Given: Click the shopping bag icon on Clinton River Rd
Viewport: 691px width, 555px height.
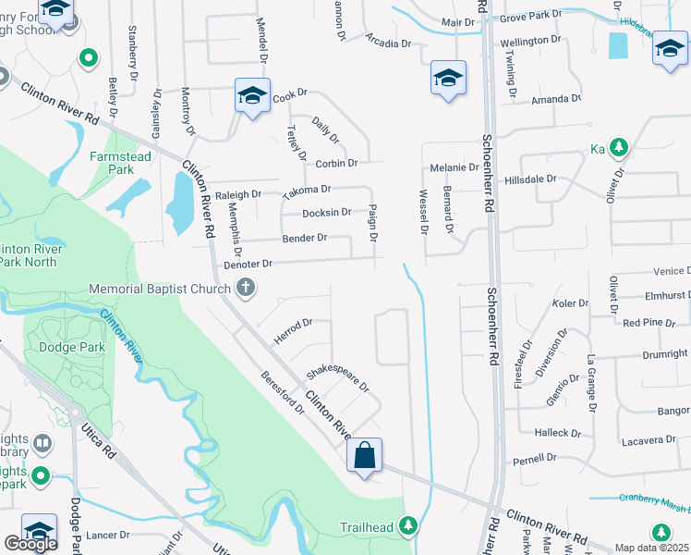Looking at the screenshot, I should point(365,455).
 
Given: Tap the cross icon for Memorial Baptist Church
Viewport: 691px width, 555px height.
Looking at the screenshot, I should point(246,290).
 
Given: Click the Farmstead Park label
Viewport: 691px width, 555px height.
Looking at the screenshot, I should point(119,164).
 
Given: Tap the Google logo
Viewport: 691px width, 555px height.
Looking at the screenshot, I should point(30,544).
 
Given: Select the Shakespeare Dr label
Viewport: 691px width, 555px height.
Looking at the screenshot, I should point(338,376).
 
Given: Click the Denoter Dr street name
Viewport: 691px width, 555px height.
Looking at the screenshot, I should point(248,264).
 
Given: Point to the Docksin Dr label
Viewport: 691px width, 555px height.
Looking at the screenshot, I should point(327,212).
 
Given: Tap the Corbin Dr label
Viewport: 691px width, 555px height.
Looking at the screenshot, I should point(335,164).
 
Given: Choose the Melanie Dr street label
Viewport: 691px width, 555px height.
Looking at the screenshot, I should point(455,167).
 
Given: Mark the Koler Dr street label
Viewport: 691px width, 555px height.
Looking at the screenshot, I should point(569,303).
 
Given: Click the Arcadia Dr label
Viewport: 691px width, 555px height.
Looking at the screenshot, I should point(388,43).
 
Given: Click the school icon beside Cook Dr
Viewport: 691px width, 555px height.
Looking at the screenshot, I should point(251,95).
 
